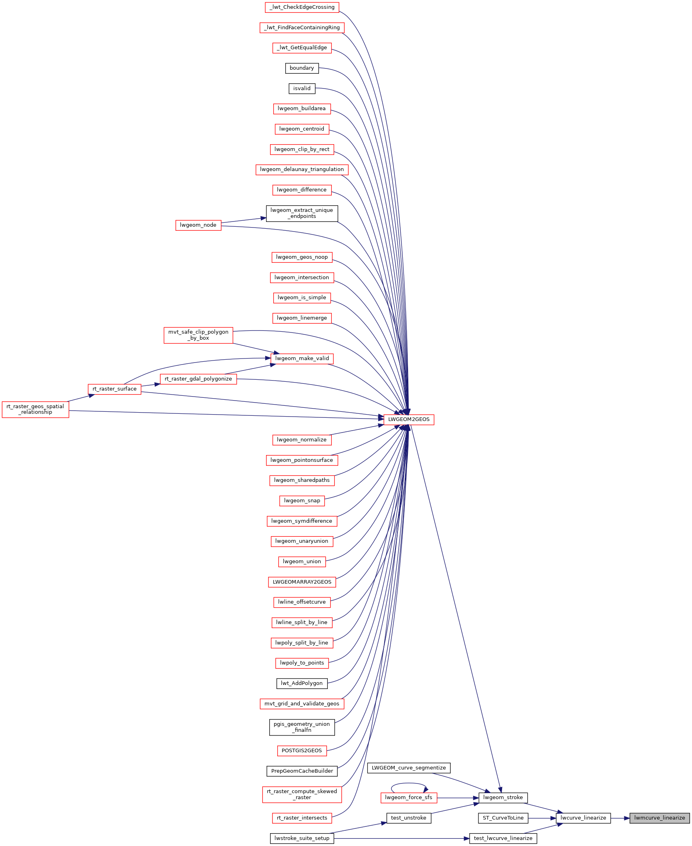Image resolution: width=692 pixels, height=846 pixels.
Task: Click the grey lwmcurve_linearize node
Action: coord(660,818)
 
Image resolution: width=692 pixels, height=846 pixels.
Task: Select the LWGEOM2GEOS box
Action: coord(409,419)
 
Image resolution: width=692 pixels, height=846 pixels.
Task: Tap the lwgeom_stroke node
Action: coord(503,798)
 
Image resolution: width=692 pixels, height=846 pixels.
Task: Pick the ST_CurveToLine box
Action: coord(503,818)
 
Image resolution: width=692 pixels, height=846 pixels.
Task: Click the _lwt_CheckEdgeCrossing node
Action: coord(302,7)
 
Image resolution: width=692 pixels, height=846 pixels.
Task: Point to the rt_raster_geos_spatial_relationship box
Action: coord(35,409)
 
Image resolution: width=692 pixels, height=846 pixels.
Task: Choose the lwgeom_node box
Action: coord(198,225)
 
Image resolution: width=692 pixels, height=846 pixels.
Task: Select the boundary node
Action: coord(302,68)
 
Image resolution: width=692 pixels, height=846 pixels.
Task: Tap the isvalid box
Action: coord(302,89)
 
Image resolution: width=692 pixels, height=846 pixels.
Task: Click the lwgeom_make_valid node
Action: coord(302,359)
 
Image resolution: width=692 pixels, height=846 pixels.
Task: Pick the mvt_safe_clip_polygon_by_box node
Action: coord(198,335)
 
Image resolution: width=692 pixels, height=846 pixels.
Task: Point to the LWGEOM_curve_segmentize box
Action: coord(409,768)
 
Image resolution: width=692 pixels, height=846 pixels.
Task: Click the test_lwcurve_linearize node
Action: coord(503,838)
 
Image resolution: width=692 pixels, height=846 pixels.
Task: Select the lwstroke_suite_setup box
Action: coord(302,838)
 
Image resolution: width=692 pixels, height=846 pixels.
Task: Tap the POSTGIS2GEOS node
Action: coord(302,751)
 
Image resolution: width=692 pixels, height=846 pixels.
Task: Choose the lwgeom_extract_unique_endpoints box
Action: coord(302,213)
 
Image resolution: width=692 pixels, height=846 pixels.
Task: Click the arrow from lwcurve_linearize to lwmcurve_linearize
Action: coord(620,818)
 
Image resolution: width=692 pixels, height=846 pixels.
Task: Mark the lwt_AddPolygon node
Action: coord(302,683)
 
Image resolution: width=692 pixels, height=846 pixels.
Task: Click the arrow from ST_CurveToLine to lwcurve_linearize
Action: coord(542,818)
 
